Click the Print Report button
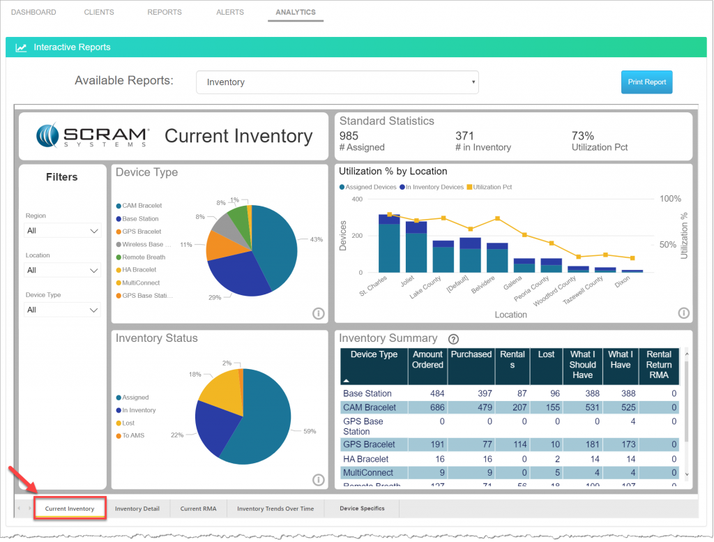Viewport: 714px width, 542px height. click(646, 82)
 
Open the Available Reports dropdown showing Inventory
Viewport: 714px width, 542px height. click(337, 82)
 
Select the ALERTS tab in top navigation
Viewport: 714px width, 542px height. click(230, 13)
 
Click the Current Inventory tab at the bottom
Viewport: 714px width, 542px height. click(70, 509)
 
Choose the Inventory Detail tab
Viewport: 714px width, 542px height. click(137, 509)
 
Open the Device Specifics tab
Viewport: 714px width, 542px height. click(362, 509)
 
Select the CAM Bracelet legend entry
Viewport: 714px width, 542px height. click(142, 206)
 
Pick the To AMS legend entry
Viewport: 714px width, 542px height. click(133, 436)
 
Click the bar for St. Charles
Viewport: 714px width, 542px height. click(389, 244)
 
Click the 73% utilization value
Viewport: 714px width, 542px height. click(583, 136)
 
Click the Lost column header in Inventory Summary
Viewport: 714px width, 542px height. click(546, 354)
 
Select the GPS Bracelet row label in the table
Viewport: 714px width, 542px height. click(369, 444)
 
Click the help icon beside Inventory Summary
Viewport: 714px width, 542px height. click(453, 340)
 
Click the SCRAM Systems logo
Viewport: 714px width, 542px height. click(93, 136)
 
